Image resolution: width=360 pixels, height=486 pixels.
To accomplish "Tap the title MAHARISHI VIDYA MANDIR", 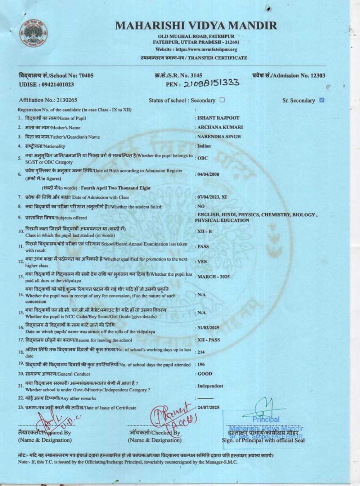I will (196, 26).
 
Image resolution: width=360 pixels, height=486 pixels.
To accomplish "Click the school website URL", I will (196, 49).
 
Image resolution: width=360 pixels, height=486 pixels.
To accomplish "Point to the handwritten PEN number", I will (211, 84).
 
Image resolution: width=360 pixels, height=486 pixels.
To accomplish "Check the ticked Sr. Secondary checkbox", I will (322, 100).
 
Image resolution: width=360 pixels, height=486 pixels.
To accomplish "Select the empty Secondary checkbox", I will (222, 100).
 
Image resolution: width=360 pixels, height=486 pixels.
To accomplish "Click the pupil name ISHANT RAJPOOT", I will (218, 118).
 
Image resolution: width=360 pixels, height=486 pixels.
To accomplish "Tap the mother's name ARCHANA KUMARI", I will (220, 127).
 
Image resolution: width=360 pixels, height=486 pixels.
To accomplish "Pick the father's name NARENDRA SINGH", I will (219, 136).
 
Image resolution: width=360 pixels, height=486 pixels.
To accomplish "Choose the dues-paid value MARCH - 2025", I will (213, 277).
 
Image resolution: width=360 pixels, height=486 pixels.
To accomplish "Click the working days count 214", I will (201, 352).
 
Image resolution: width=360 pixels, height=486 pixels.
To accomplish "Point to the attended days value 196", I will (201, 364).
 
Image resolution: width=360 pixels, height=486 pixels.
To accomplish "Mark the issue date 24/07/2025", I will (208, 408).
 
